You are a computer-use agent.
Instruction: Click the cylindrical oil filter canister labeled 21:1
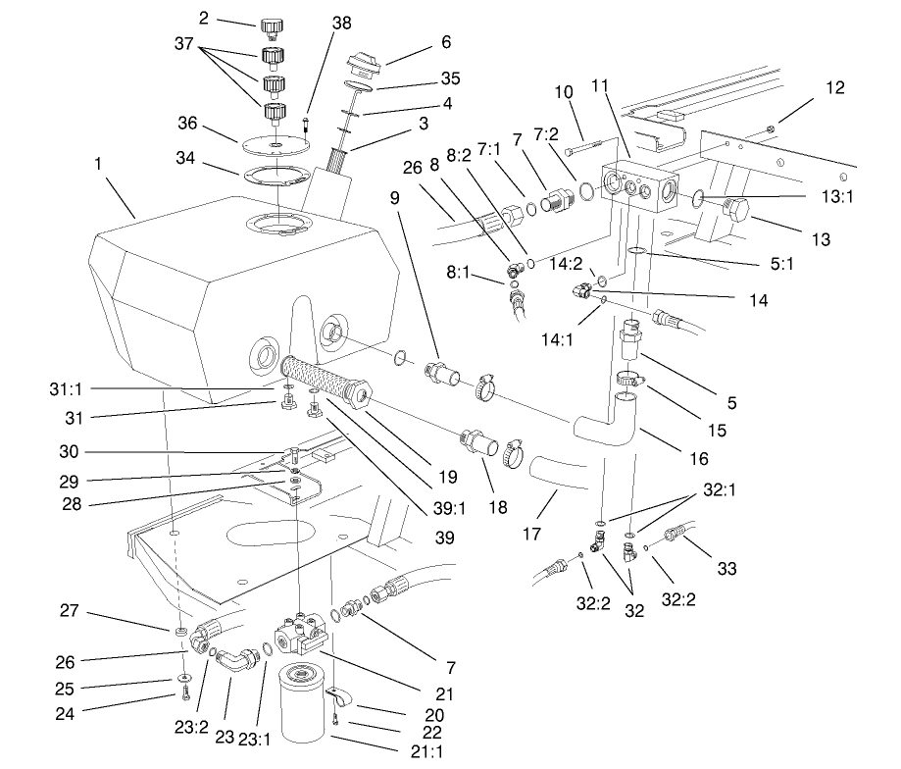(x=302, y=703)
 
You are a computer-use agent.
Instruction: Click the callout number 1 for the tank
(x=98, y=168)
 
